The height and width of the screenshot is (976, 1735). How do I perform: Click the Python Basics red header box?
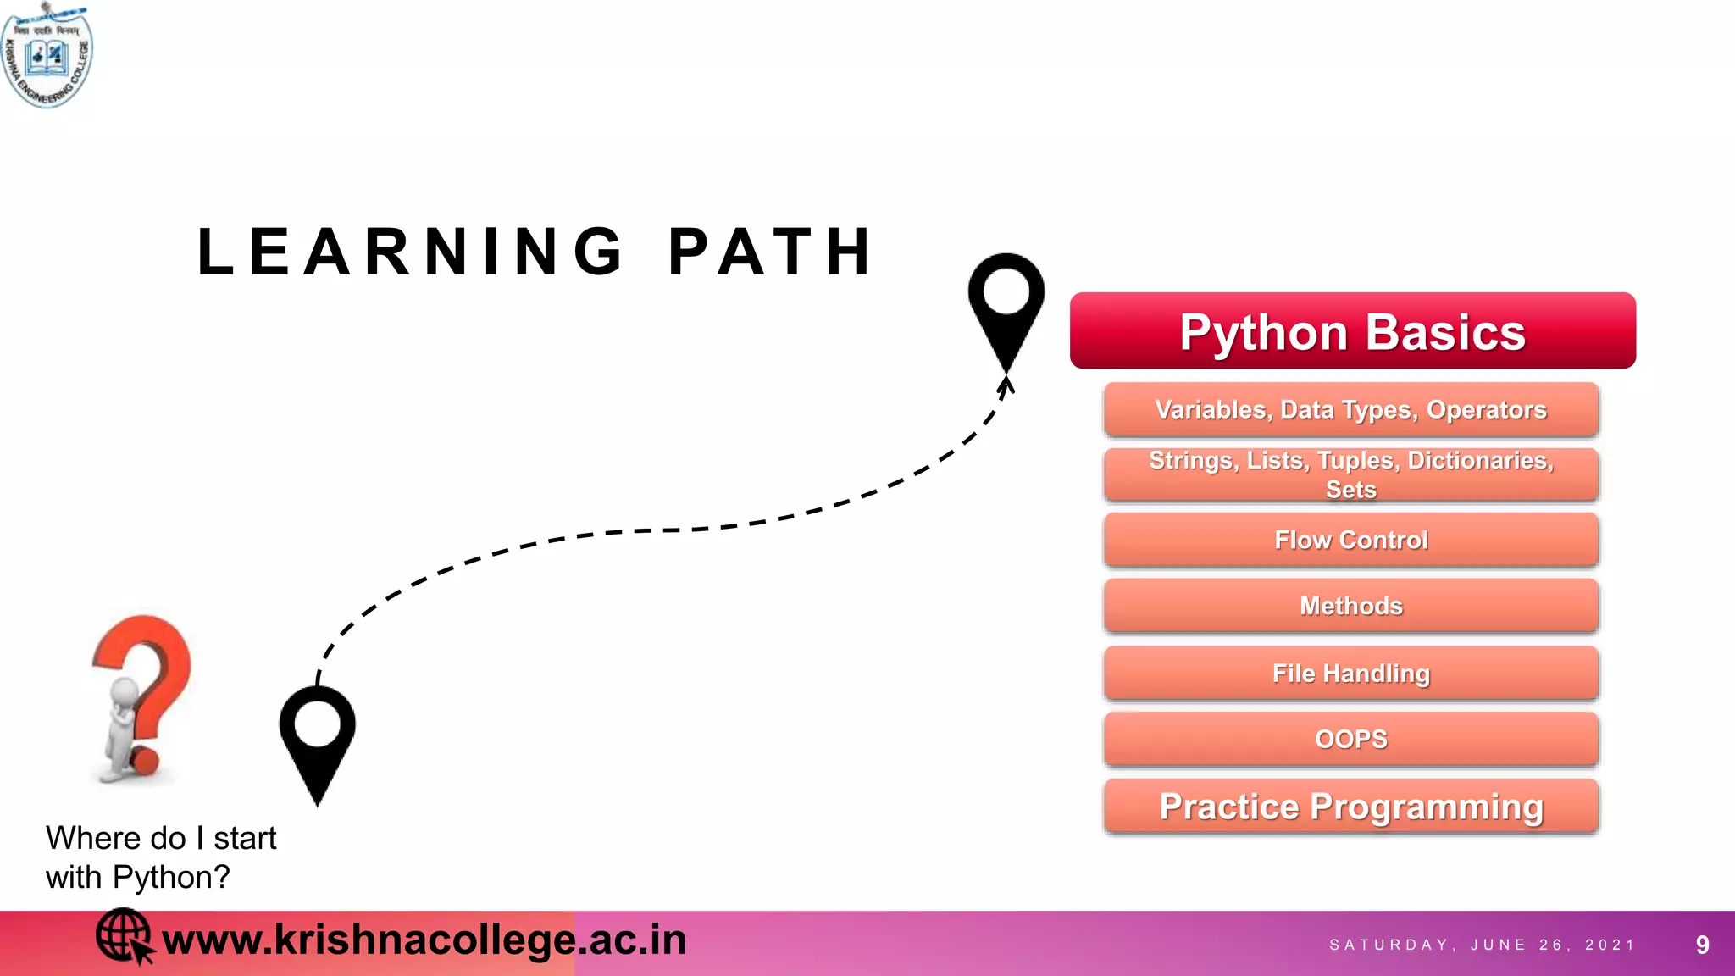click(1352, 330)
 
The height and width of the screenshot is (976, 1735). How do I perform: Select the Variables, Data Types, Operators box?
click(1350, 409)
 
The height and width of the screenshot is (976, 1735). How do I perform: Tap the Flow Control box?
click(1350, 540)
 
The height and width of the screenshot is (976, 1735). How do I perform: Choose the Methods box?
click(1350, 606)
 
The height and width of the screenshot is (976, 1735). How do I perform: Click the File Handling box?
click(1350, 674)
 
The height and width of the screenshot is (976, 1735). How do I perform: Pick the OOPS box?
click(1350, 739)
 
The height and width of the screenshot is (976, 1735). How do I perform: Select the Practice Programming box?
click(1350, 807)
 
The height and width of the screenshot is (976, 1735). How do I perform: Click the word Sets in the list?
click(1350, 490)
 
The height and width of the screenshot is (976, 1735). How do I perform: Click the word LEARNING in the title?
click(411, 252)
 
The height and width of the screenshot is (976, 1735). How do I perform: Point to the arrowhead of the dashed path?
click(1006, 386)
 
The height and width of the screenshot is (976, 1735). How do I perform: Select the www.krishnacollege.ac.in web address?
click(424, 940)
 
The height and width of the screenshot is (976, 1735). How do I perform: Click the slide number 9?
click(1702, 945)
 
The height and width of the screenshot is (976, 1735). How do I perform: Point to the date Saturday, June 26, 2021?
click(1482, 945)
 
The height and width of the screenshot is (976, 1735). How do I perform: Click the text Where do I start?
click(161, 838)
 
